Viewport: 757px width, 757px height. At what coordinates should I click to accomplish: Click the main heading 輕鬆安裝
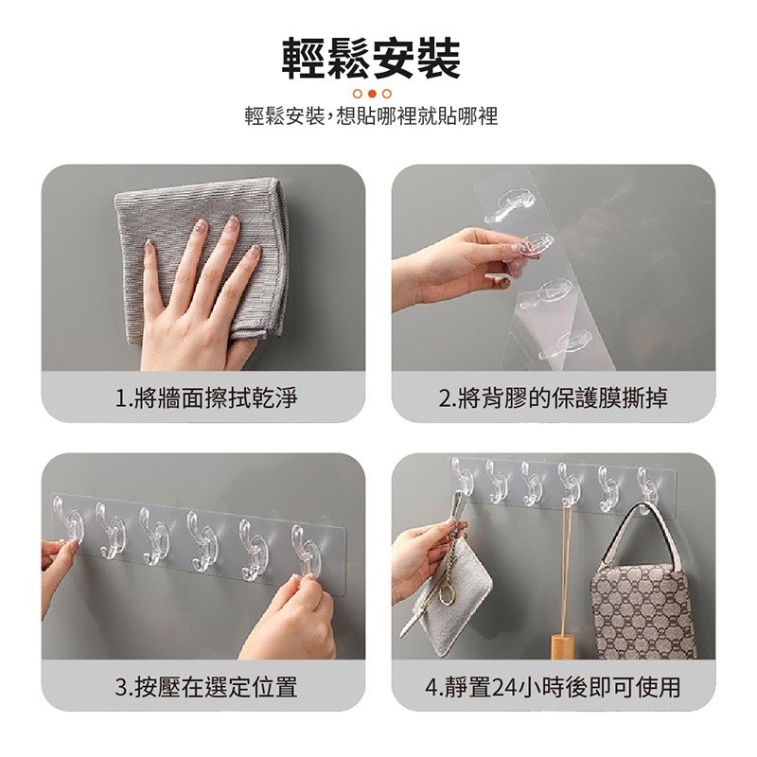[x=371, y=59]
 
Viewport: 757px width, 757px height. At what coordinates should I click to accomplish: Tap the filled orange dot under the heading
[x=372, y=94]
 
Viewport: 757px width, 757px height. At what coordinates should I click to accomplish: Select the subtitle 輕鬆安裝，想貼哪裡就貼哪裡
[x=371, y=116]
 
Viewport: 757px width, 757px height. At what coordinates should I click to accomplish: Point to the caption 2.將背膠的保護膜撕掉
[x=554, y=398]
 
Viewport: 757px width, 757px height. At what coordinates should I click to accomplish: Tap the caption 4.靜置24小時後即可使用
[x=554, y=687]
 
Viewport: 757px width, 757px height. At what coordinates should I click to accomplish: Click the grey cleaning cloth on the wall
[x=202, y=261]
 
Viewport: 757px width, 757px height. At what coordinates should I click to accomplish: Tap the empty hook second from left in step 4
[x=496, y=481]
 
